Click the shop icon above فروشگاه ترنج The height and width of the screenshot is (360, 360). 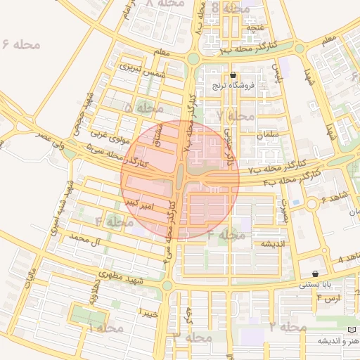(233, 75)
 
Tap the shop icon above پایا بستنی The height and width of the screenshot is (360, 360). (314, 274)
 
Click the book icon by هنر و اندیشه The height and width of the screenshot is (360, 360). (352, 330)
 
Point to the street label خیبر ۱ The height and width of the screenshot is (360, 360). (150, 310)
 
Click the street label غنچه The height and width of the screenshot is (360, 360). (256, 27)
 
